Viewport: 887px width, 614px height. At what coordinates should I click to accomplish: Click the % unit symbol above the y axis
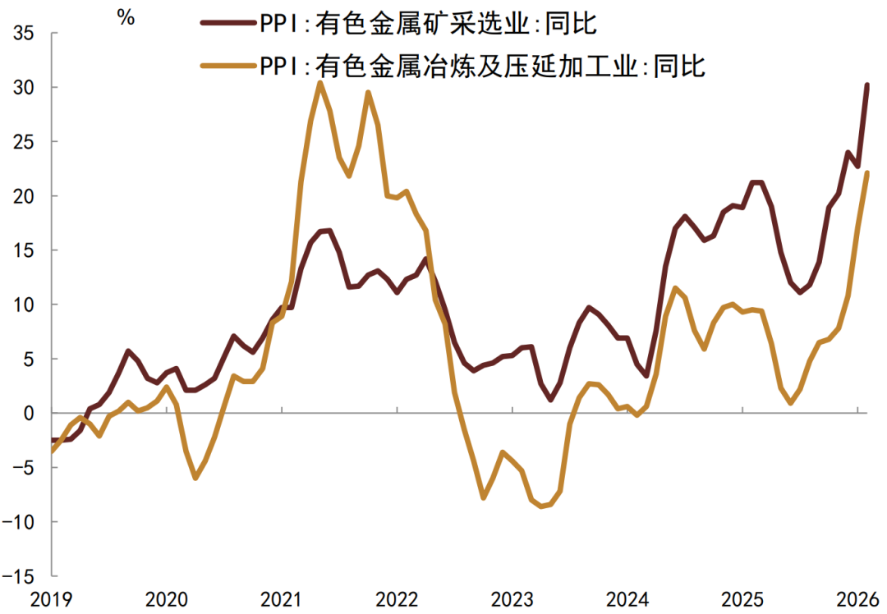126,18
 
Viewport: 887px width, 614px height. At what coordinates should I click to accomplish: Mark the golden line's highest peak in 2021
319,82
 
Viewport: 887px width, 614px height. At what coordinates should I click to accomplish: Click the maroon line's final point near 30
866,85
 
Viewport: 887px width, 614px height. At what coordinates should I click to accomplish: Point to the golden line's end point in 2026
866,172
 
